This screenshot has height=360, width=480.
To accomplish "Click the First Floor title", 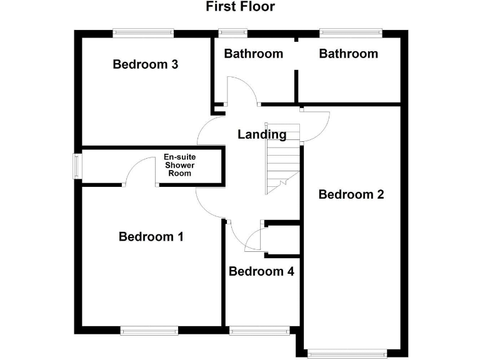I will click(x=240, y=7).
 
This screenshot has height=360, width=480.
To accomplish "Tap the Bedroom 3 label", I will click(x=146, y=64).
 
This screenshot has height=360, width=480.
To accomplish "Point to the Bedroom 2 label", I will click(x=351, y=194).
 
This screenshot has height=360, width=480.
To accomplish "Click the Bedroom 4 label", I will click(x=261, y=271).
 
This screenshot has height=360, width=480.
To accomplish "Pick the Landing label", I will click(x=262, y=134).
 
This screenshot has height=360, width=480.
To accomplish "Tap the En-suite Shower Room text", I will click(x=179, y=166).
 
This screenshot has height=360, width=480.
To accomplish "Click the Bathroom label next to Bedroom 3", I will click(x=253, y=54).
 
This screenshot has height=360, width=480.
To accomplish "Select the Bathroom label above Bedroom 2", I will click(x=348, y=54).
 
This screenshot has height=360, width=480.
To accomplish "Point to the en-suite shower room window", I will click(x=77, y=166).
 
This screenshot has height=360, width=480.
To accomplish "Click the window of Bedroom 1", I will click(x=149, y=331).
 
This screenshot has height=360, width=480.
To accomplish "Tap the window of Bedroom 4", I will click(x=259, y=331).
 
